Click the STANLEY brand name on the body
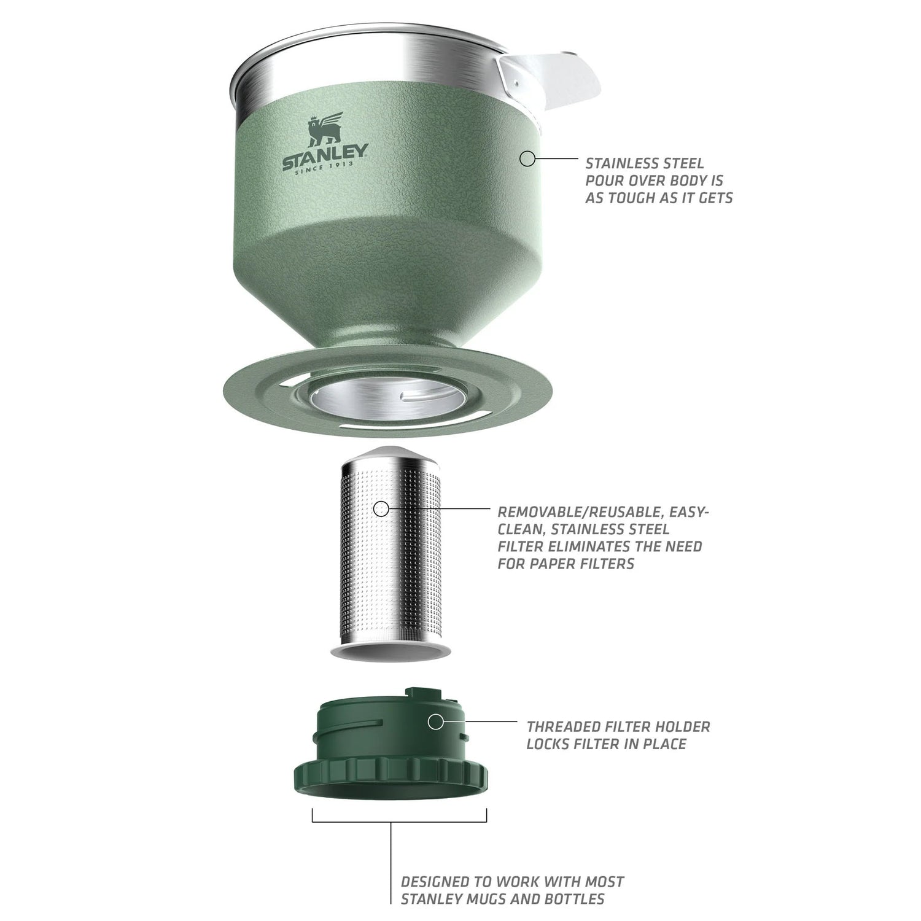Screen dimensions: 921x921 tap(325, 156)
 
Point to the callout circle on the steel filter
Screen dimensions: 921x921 tap(381, 508)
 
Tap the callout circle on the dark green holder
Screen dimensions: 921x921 tap(435, 722)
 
